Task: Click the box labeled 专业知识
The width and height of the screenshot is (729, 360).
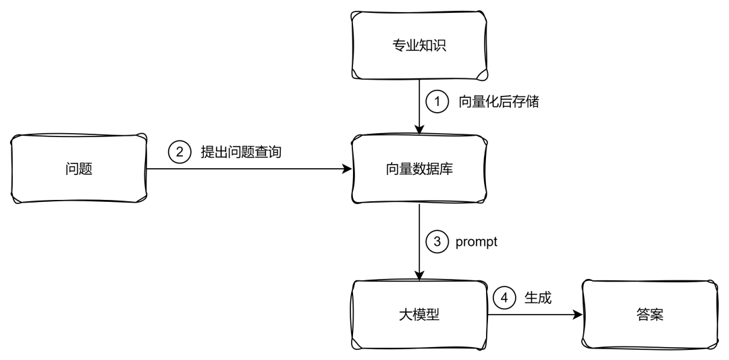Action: click(420, 46)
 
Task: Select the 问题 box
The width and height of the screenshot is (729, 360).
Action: click(79, 169)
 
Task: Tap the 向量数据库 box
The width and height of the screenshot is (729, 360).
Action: click(420, 169)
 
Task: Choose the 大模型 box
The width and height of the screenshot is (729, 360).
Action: click(420, 315)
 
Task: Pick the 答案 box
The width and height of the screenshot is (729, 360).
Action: click(649, 315)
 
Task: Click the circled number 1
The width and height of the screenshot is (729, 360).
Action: click(437, 102)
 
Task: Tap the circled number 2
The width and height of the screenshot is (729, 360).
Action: click(180, 152)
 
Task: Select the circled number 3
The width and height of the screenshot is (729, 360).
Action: click(437, 241)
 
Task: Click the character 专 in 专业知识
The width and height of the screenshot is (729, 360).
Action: click(400, 46)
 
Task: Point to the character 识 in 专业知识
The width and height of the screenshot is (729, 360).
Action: click(440, 46)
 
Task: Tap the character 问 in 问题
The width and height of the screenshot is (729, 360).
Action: click(72, 169)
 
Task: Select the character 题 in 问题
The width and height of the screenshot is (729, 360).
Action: click(86, 169)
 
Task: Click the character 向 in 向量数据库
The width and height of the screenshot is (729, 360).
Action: click(393, 169)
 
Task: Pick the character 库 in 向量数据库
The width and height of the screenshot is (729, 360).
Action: click(447, 169)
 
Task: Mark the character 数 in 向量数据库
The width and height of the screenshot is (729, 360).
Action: click(420, 169)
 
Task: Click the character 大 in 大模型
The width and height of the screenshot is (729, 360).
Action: click(406, 315)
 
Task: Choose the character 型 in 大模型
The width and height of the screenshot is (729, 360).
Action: click(433, 315)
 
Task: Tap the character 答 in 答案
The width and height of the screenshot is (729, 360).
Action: click(643, 315)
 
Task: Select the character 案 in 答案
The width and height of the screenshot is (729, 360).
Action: click(656, 315)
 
